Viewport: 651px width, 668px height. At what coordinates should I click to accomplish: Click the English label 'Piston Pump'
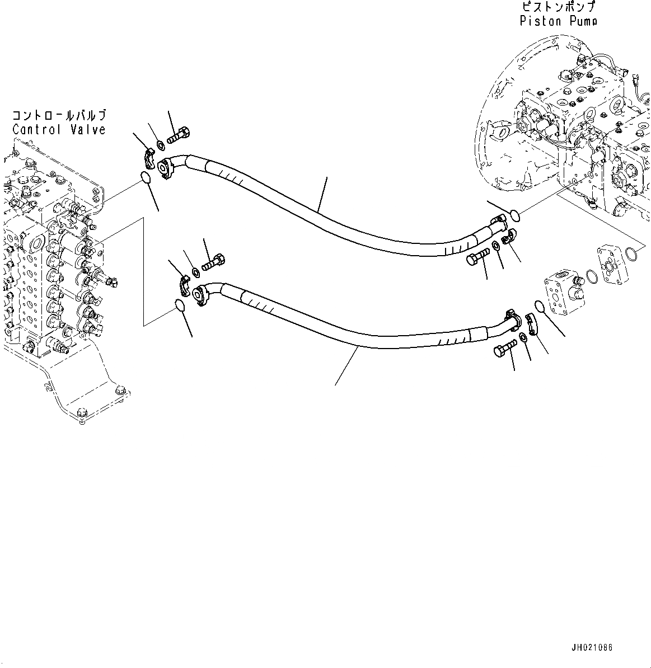pos(558,22)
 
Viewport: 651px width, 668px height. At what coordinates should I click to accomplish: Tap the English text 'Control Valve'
pos(59,130)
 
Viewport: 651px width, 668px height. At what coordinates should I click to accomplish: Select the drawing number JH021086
pos(592,647)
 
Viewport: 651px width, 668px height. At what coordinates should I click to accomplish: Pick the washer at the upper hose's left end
pos(160,145)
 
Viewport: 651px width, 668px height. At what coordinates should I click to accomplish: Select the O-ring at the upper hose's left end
pos(144,178)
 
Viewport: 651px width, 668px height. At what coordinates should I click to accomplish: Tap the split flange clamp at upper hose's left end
pos(148,157)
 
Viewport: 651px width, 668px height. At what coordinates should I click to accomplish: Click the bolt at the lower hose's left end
pos(213,261)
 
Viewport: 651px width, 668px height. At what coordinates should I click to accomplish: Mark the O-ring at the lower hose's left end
pos(179,305)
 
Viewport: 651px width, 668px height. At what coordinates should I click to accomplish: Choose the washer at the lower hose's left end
pos(195,272)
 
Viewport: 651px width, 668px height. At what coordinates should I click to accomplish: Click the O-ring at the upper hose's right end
pos(515,214)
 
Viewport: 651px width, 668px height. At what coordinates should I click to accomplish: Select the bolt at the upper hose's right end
pos(476,258)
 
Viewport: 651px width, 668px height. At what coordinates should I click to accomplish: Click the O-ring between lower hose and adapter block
pos(541,307)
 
